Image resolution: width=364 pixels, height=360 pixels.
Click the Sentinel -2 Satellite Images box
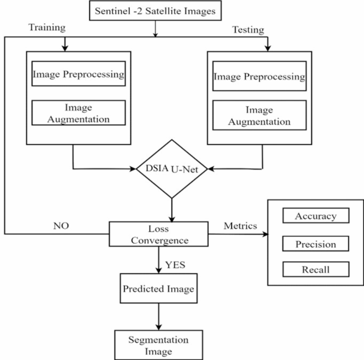pos(155,11)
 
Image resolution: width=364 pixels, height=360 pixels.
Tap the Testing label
pos(248,30)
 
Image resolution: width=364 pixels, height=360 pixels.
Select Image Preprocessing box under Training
pos(79,75)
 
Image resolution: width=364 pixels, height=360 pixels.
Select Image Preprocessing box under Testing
pos(259,77)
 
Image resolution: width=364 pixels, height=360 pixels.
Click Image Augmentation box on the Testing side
pos(259,115)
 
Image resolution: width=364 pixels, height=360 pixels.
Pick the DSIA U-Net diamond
pos(171,169)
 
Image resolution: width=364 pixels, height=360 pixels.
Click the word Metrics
pos(240,226)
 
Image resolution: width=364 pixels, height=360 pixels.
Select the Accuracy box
pos(316,216)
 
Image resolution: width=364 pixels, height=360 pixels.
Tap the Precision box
pos(316,244)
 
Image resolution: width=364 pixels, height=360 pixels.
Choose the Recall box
pos(316,270)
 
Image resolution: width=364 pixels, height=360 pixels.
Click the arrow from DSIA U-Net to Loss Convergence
pos(171,210)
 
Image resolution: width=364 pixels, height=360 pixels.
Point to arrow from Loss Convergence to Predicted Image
pos(159,260)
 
